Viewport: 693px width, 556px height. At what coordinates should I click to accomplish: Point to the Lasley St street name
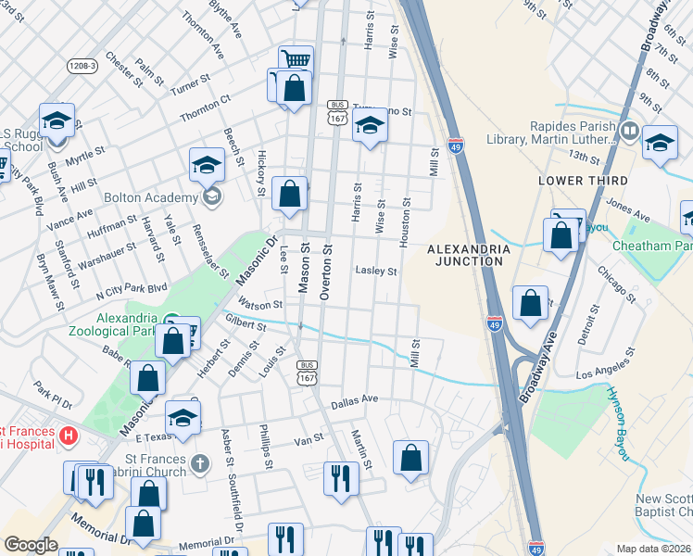coord(376,272)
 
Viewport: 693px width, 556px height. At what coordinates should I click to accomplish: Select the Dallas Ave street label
coord(356,398)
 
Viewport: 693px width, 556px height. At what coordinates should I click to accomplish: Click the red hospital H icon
coord(67,435)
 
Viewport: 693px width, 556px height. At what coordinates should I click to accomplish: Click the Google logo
coord(31,545)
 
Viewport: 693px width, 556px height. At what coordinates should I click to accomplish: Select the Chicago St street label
coord(616,285)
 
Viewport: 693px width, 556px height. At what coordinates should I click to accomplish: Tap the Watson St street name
coord(259,304)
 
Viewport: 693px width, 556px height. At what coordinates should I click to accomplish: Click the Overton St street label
coord(326,272)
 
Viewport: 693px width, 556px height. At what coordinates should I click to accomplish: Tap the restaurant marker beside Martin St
coord(341,478)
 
